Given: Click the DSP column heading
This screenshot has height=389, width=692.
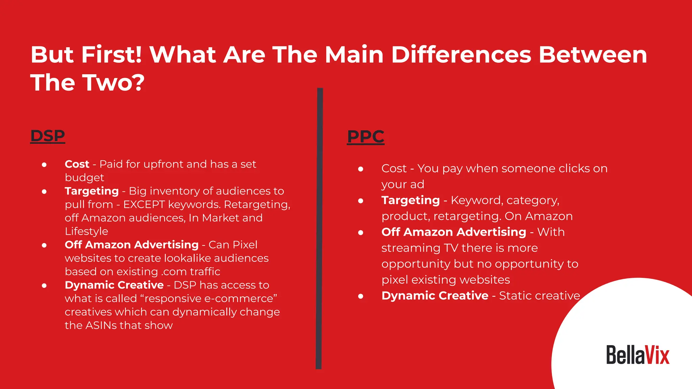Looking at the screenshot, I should click(48, 136).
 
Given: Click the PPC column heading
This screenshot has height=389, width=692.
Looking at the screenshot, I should click(366, 137).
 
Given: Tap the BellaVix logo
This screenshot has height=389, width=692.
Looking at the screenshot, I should click(638, 355).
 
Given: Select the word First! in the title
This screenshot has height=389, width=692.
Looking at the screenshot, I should click(112, 55).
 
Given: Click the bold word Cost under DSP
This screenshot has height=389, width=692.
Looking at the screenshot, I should click(77, 164).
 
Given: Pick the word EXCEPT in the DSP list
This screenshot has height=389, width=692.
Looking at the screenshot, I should click(144, 205).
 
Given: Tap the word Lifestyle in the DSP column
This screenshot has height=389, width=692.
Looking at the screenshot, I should click(86, 231).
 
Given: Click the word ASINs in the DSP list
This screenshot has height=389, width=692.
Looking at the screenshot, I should click(101, 326).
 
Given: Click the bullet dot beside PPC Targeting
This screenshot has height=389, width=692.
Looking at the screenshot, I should click(361, 201).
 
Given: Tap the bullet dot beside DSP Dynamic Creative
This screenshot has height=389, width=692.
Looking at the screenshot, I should click(44, 286).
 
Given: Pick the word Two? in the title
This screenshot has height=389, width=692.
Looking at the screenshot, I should click(114, 83).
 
